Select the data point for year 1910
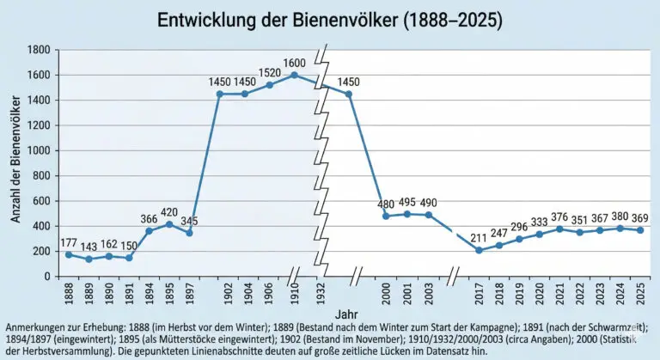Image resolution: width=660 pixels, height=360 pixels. coord(295,75)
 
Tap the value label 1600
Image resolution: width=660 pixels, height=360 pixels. coord(295,63)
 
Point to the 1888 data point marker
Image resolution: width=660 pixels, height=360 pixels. coord(69,254)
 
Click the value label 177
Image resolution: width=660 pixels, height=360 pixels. coord(69,242)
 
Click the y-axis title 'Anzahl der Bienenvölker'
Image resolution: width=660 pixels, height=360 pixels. coord(15,163)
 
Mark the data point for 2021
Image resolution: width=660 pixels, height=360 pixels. coord(559,229)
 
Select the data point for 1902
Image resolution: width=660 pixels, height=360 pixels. coord(220,94)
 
